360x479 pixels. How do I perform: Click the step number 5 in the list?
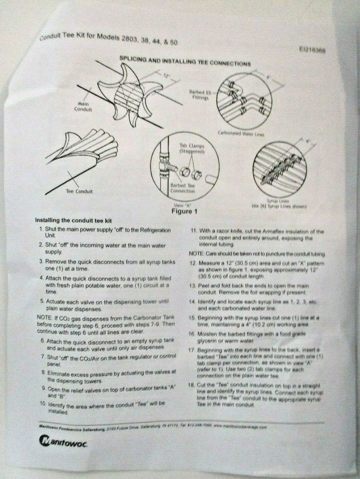click(42, 301)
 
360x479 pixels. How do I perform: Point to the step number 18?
click(192, 386)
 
